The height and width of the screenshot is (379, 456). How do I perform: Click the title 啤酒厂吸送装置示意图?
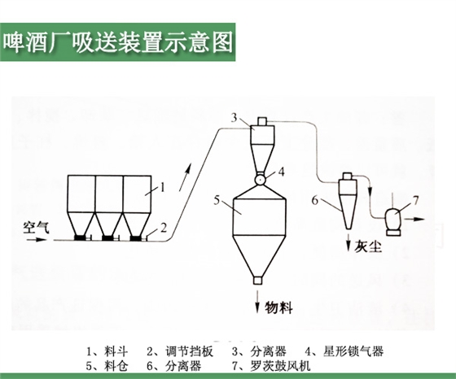point(118,39)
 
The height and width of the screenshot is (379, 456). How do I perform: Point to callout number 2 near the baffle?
point(163,228)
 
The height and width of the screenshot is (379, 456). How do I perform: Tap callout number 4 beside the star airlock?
point(281,172)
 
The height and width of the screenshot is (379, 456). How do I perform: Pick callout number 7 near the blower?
point(416,200)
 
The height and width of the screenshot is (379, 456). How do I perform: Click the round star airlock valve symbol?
point(260,178)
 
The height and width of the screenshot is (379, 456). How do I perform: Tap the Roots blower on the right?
point(395,216)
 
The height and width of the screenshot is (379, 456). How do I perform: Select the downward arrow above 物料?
point(258,301)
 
